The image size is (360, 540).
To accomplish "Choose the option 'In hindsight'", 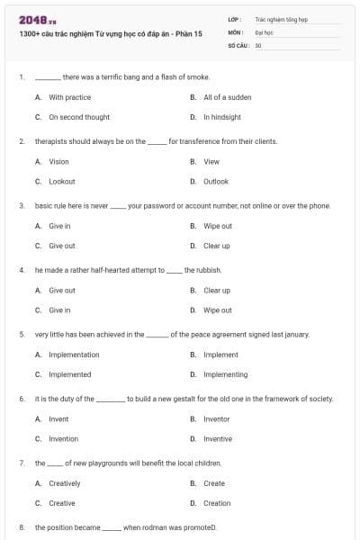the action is [x=221, y=117].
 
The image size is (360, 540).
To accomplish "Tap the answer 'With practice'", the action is [x=69, y=97].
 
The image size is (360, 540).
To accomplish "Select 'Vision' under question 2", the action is [x=58, y=162].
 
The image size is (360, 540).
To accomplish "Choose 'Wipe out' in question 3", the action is [x=218, y=226].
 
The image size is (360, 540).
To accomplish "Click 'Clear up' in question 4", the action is [x=217, y=291].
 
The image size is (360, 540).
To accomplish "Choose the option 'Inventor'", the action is [x=217, y=419].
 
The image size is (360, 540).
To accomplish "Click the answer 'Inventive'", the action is [x=218, y=439].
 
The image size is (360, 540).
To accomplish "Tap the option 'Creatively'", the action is [x=68, y=483].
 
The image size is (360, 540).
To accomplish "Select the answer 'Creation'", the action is [x=217, y=503].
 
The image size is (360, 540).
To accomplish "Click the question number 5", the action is [x=21, y=334].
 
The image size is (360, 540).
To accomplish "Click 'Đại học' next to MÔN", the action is [x=264, y=31].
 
